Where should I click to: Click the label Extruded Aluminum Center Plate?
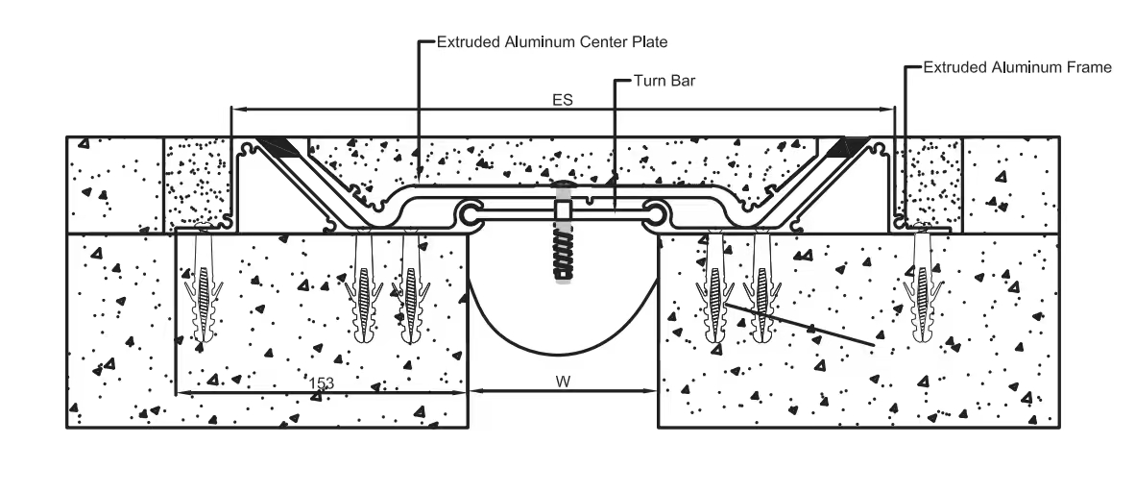551,42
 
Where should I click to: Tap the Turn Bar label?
664,81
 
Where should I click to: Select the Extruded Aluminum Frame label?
1017,67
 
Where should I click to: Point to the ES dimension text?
563,101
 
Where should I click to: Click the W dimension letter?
563,381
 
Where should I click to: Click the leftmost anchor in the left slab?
203,286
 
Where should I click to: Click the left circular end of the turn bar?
469,214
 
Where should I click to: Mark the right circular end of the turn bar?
657,214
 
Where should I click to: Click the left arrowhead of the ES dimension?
236,110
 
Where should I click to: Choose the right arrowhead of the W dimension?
650,392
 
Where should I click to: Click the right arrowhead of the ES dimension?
889,110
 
